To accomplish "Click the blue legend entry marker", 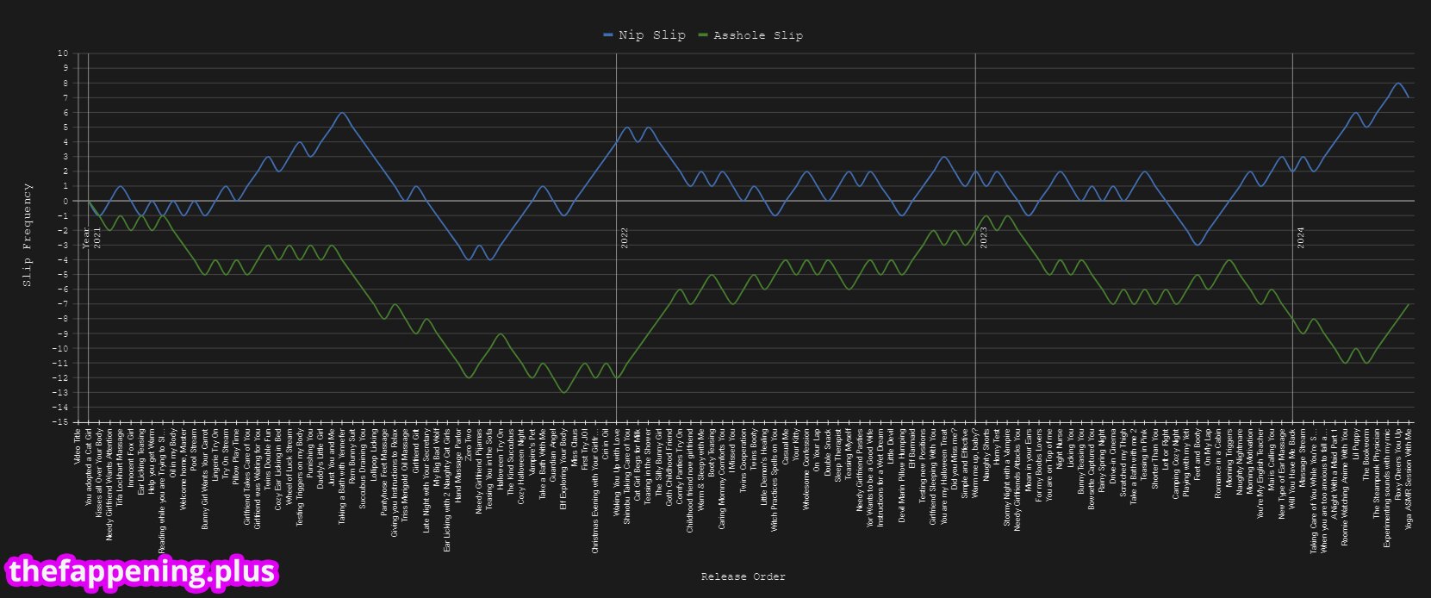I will click(608, 35).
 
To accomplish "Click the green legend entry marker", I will click(703, 35).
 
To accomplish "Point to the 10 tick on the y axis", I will click(63, 53).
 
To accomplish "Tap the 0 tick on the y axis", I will click(65, 201).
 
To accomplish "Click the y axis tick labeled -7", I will click(62, 304).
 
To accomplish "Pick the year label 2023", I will click(984, 238).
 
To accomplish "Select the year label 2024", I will click(1301, 238).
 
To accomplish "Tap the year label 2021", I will click(96, 238).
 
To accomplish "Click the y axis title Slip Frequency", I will click(28, 234).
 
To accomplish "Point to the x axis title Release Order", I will click(743, 576).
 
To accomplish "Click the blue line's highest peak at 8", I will click(1397, 84).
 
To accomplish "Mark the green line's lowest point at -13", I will click(563, 392).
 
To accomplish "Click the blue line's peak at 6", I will click(342, 113).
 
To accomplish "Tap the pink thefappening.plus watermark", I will click(142, 571).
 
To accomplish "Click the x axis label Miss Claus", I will click(574, 447).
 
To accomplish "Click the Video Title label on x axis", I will click(77, 448).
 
